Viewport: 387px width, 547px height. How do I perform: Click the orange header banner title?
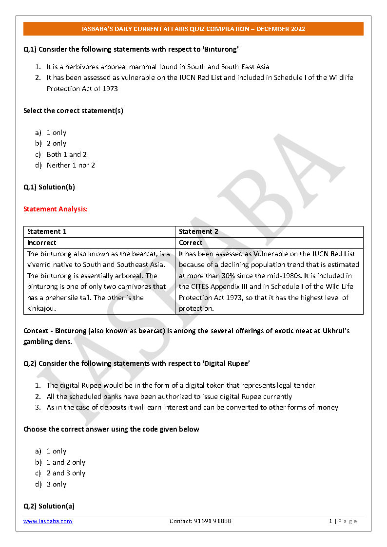click(193, 29)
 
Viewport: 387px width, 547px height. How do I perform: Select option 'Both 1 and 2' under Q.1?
click(66, 154)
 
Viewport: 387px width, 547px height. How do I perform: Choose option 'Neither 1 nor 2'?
click(71, 165)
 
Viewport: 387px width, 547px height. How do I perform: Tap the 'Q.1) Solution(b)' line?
click(49, 187)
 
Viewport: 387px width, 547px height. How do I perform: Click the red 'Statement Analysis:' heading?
click(56, 209)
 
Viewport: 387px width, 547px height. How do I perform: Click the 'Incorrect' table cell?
click(42, 243)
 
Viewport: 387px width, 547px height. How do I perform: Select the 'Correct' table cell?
click(191, 243)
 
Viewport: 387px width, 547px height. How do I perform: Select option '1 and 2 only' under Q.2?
click(66, 462)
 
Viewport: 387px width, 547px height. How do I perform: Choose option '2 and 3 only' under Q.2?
click(66, 473)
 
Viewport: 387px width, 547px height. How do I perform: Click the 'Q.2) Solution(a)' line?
click(49, 506)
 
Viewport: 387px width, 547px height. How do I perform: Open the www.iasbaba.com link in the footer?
click(48, 521)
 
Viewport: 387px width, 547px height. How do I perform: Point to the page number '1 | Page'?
click(343, 521)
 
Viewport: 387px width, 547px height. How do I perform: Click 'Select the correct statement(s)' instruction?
click(73, 111)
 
